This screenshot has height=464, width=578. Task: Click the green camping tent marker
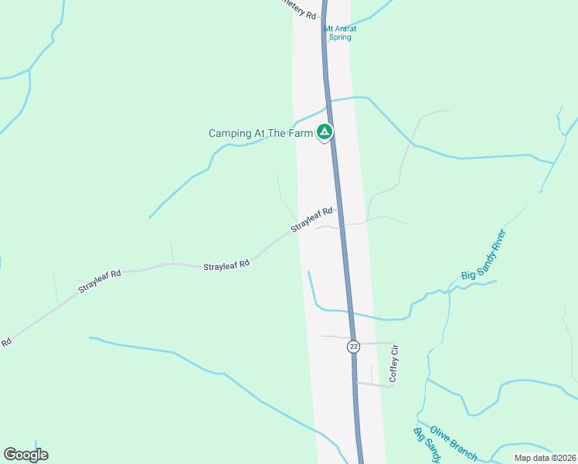coord(325,133)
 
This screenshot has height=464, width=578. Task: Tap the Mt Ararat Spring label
coord(338,32)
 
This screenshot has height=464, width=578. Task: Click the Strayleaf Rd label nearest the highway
coord(311,220)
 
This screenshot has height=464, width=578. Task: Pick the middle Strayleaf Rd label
coord(226,265)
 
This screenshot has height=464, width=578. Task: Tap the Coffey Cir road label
coord(393,363)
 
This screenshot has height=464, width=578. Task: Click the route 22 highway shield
coord(353,346)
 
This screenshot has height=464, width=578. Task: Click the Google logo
coord(25,455)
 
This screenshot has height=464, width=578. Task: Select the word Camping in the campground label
coord(230,134)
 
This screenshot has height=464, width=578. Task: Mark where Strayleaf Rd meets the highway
coord(338,208)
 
